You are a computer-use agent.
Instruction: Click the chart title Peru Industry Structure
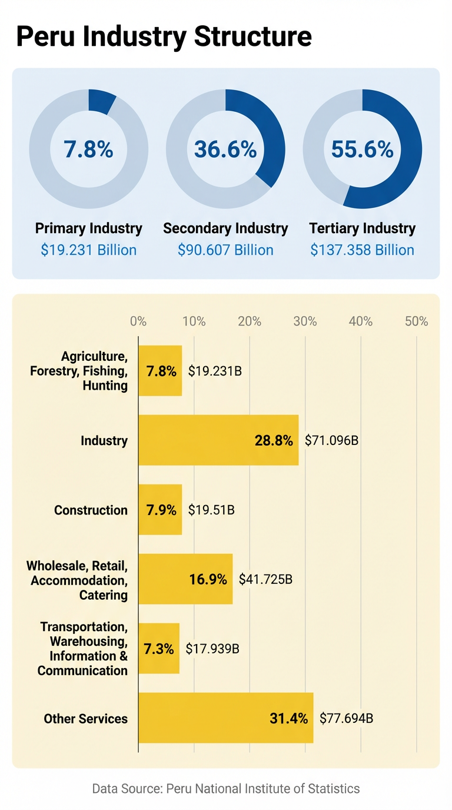click(x=164, y=36)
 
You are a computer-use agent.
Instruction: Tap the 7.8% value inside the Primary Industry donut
click(x=89, y=150)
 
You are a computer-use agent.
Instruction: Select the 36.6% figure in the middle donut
click(x=225, y=150)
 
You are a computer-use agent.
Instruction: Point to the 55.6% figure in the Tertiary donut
click(x=362, y=150)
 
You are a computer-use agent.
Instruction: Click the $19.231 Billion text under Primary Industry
click(x=89, y=250)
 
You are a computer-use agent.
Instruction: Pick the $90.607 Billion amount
click(x=225, y=250)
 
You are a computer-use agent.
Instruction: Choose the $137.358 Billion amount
click(x=362, y=250)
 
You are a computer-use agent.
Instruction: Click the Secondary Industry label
click(x=225, y=228)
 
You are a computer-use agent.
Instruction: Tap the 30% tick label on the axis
click(x=305, y=321)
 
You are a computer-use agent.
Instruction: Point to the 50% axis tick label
click(x=417, y=321)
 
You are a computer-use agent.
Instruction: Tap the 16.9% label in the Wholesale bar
click(x=208, y=579)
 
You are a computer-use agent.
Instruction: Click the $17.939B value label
click(x=212, y=649)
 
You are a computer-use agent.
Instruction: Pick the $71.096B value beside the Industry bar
click(x=331, y=440)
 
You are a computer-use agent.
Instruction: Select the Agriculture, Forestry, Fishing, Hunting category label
click(x=94, y=371)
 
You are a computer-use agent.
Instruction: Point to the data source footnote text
click(x=225, y=788)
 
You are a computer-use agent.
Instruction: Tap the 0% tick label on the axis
click(x=138, y=321)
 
